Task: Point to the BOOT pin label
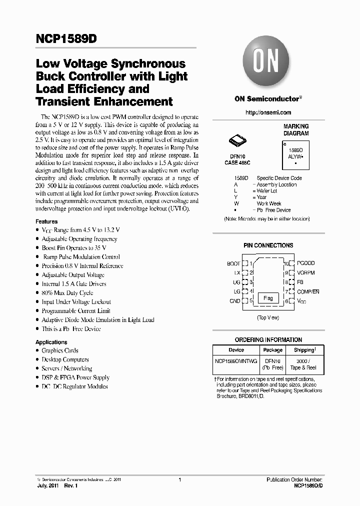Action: coord(233,263)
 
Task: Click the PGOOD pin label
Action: coord(305,263)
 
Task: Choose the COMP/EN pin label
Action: coord(308,291)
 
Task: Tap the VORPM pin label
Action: coord(305,272)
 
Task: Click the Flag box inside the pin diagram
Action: coord(268,298)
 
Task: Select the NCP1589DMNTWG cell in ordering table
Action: coord(236,360)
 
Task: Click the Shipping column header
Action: coord(304,350)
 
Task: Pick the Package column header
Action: coord(272,350)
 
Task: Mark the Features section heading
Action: coord(46,221)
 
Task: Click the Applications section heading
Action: coord(51,342)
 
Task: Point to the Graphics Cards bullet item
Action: coord(59,350)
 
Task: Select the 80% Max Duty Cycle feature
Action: coord(67,293)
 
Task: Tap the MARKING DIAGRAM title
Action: coord(296,130)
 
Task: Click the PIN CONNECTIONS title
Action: coord(268,245)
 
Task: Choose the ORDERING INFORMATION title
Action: coord(268,339)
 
